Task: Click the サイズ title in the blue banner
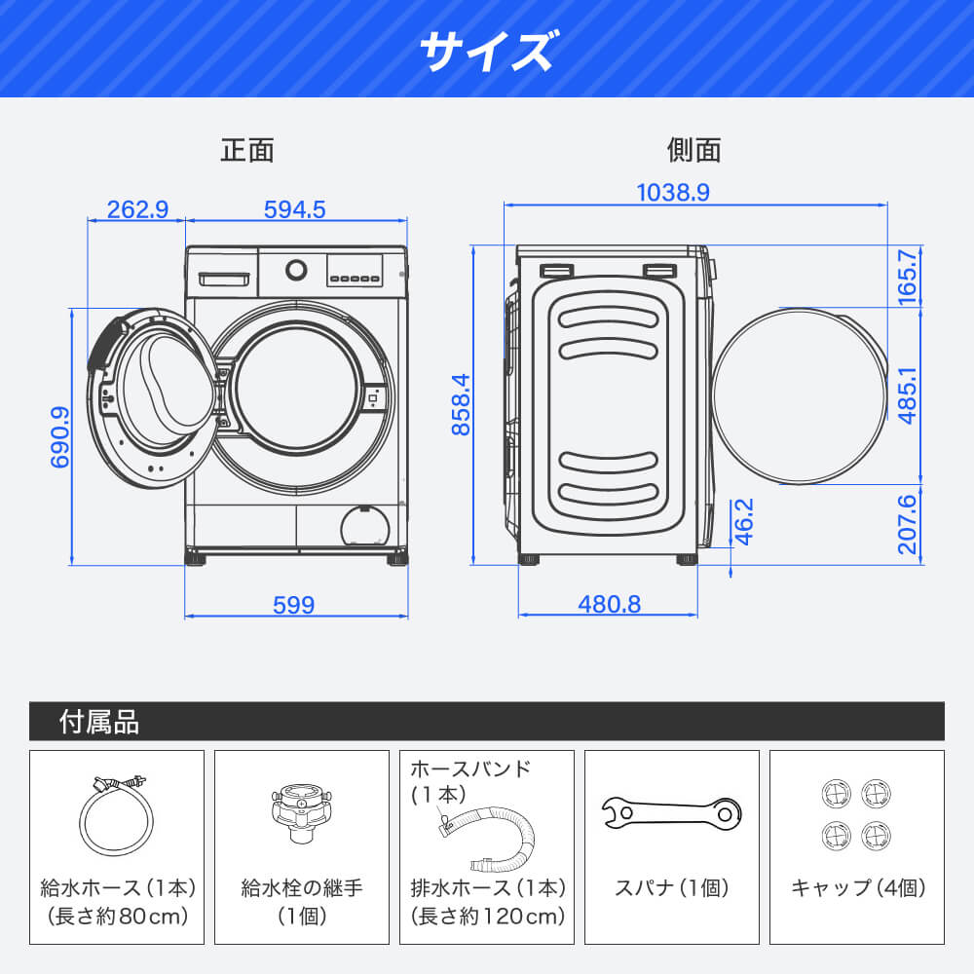(486, 50)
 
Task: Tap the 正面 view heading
(247, 150)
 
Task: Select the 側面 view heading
(693, 150)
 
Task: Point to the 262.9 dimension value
(137, 209)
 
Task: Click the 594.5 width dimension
(294, 209)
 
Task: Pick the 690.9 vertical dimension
(60, 436)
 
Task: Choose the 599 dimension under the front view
(294, 605)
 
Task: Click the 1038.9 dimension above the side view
(673, 193)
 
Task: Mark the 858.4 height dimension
(461, 404)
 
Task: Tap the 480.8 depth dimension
(610, 604)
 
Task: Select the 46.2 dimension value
(743, 521)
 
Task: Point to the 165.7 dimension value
(908, 277)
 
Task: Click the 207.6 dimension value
(908, 524)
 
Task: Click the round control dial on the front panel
(296, 270)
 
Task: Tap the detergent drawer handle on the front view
(224, 279)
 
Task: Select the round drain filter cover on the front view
(365, 526)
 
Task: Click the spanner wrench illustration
(671, 812)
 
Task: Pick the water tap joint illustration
(301, 811)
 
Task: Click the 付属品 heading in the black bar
(99, 722)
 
